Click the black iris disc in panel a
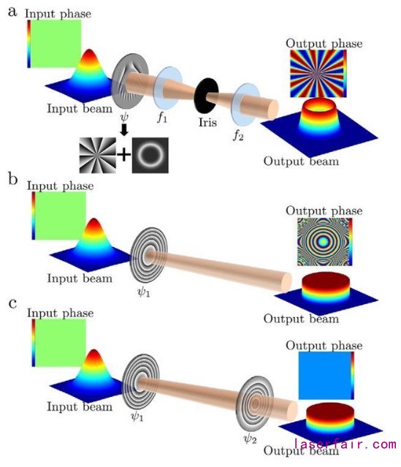(x=206, y=95)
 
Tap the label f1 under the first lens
(x=162, y=118)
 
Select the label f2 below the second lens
(x=238, y=135)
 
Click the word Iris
(x=207, y=122)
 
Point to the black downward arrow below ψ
(x=124, y=129)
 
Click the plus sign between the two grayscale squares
(x=124, y=155)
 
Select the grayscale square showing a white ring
(x=150, y=155)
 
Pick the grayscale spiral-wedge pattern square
(x=97, y=155)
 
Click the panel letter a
(x=12, y=12)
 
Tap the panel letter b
(x=13, y=179)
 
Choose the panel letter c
(x=13, y=304)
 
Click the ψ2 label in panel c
(x=250, y=438)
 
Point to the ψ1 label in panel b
(x=144, y=292)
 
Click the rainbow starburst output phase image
(x=317, y=74)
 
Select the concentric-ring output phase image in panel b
(x=322, y=242)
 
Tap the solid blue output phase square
(x=324, y=376)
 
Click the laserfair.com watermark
(x=345, y=444)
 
